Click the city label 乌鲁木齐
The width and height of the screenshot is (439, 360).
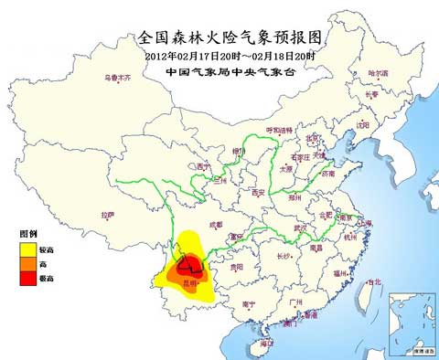tap(117, 78)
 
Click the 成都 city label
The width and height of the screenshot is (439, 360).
tap(216, 223)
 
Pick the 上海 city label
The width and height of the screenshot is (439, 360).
tap(366, 221)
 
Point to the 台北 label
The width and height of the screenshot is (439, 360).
tap(373, 282)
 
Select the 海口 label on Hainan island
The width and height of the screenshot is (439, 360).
tap(266, 343)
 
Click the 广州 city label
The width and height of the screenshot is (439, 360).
tap(294, 301)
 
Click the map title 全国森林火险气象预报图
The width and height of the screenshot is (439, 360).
tap(219, 37)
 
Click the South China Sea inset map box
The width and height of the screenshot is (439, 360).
tap(411, 323)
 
